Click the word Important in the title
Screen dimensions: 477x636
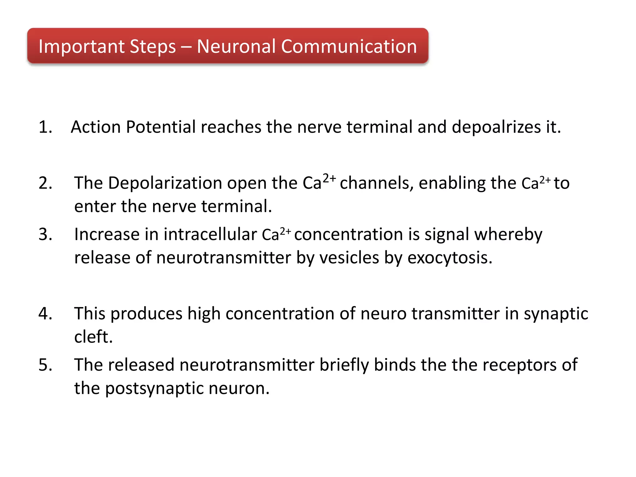point(81,47)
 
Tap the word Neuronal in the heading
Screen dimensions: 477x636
point(236,47)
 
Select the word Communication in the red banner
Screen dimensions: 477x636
point(349,47)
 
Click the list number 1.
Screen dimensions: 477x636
point(45,127)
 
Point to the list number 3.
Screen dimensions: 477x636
point(45,234)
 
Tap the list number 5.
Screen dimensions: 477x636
point(45,365)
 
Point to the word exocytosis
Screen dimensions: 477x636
point(450,258)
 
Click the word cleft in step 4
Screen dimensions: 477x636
point(93,337)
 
